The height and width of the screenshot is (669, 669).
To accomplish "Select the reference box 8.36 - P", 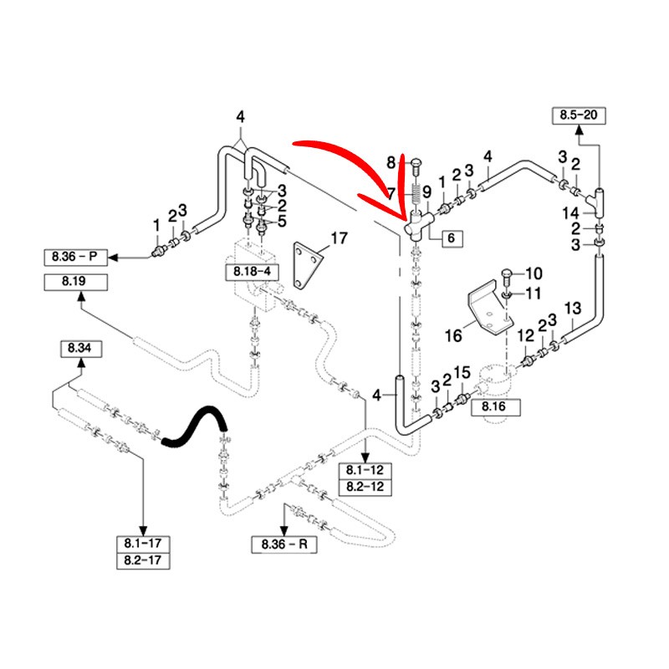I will tap(76, 255).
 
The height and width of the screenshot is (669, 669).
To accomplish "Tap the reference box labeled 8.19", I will tap(74, 282).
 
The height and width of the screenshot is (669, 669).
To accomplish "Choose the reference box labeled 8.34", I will tap(79, 347).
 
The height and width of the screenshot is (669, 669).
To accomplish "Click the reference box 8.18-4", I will tap(248, 271).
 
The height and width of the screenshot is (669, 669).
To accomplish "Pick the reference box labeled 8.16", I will tap(497, 407).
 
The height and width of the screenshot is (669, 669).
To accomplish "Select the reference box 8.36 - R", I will tap(284, 544).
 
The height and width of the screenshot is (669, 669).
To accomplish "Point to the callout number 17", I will tap(338, 239).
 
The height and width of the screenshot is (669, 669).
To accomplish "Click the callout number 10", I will tap(534, 273).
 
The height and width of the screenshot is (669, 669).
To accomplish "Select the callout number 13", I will tap(572, 309).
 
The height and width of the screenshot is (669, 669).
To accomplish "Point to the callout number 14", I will tap(571, 212).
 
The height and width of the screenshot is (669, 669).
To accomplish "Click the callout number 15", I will tap(463, 372).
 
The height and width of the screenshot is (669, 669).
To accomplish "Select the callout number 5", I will tap(282, 221).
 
